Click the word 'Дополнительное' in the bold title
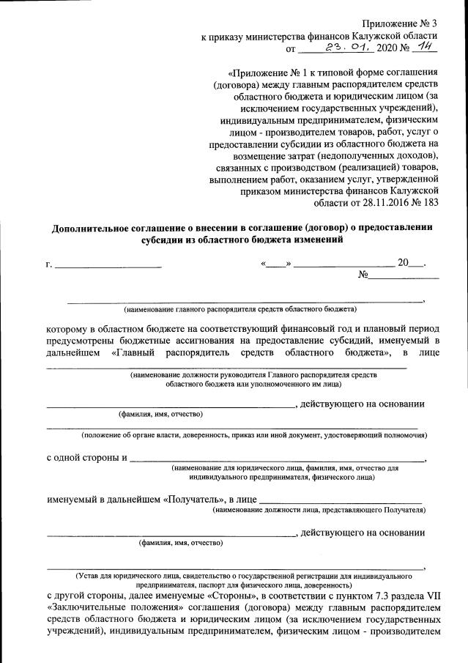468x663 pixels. pos(91,228)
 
